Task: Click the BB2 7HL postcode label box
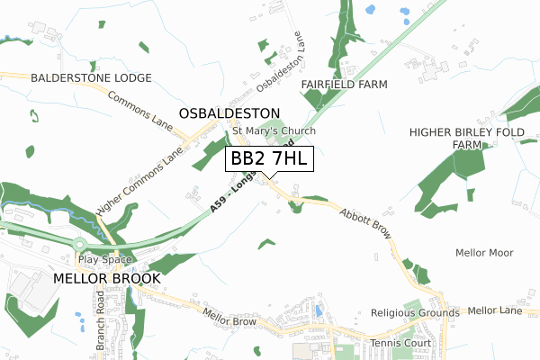pyautogui.click(x=270, y=158)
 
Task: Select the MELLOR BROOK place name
pyautogui.click(x=107, y=278)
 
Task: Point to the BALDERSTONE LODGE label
pyautogui.click(x=91, y=78)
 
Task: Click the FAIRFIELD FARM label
pyautogui.click(x=344, y=84)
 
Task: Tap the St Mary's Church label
pyautogui.click(x=274, y=131)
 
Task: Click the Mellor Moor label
pyautogui.click(x=484, y=253)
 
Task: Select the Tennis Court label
pyautogui.click(x=401, y=343)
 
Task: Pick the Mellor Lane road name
pyautogui.click(x=495, y=310)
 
